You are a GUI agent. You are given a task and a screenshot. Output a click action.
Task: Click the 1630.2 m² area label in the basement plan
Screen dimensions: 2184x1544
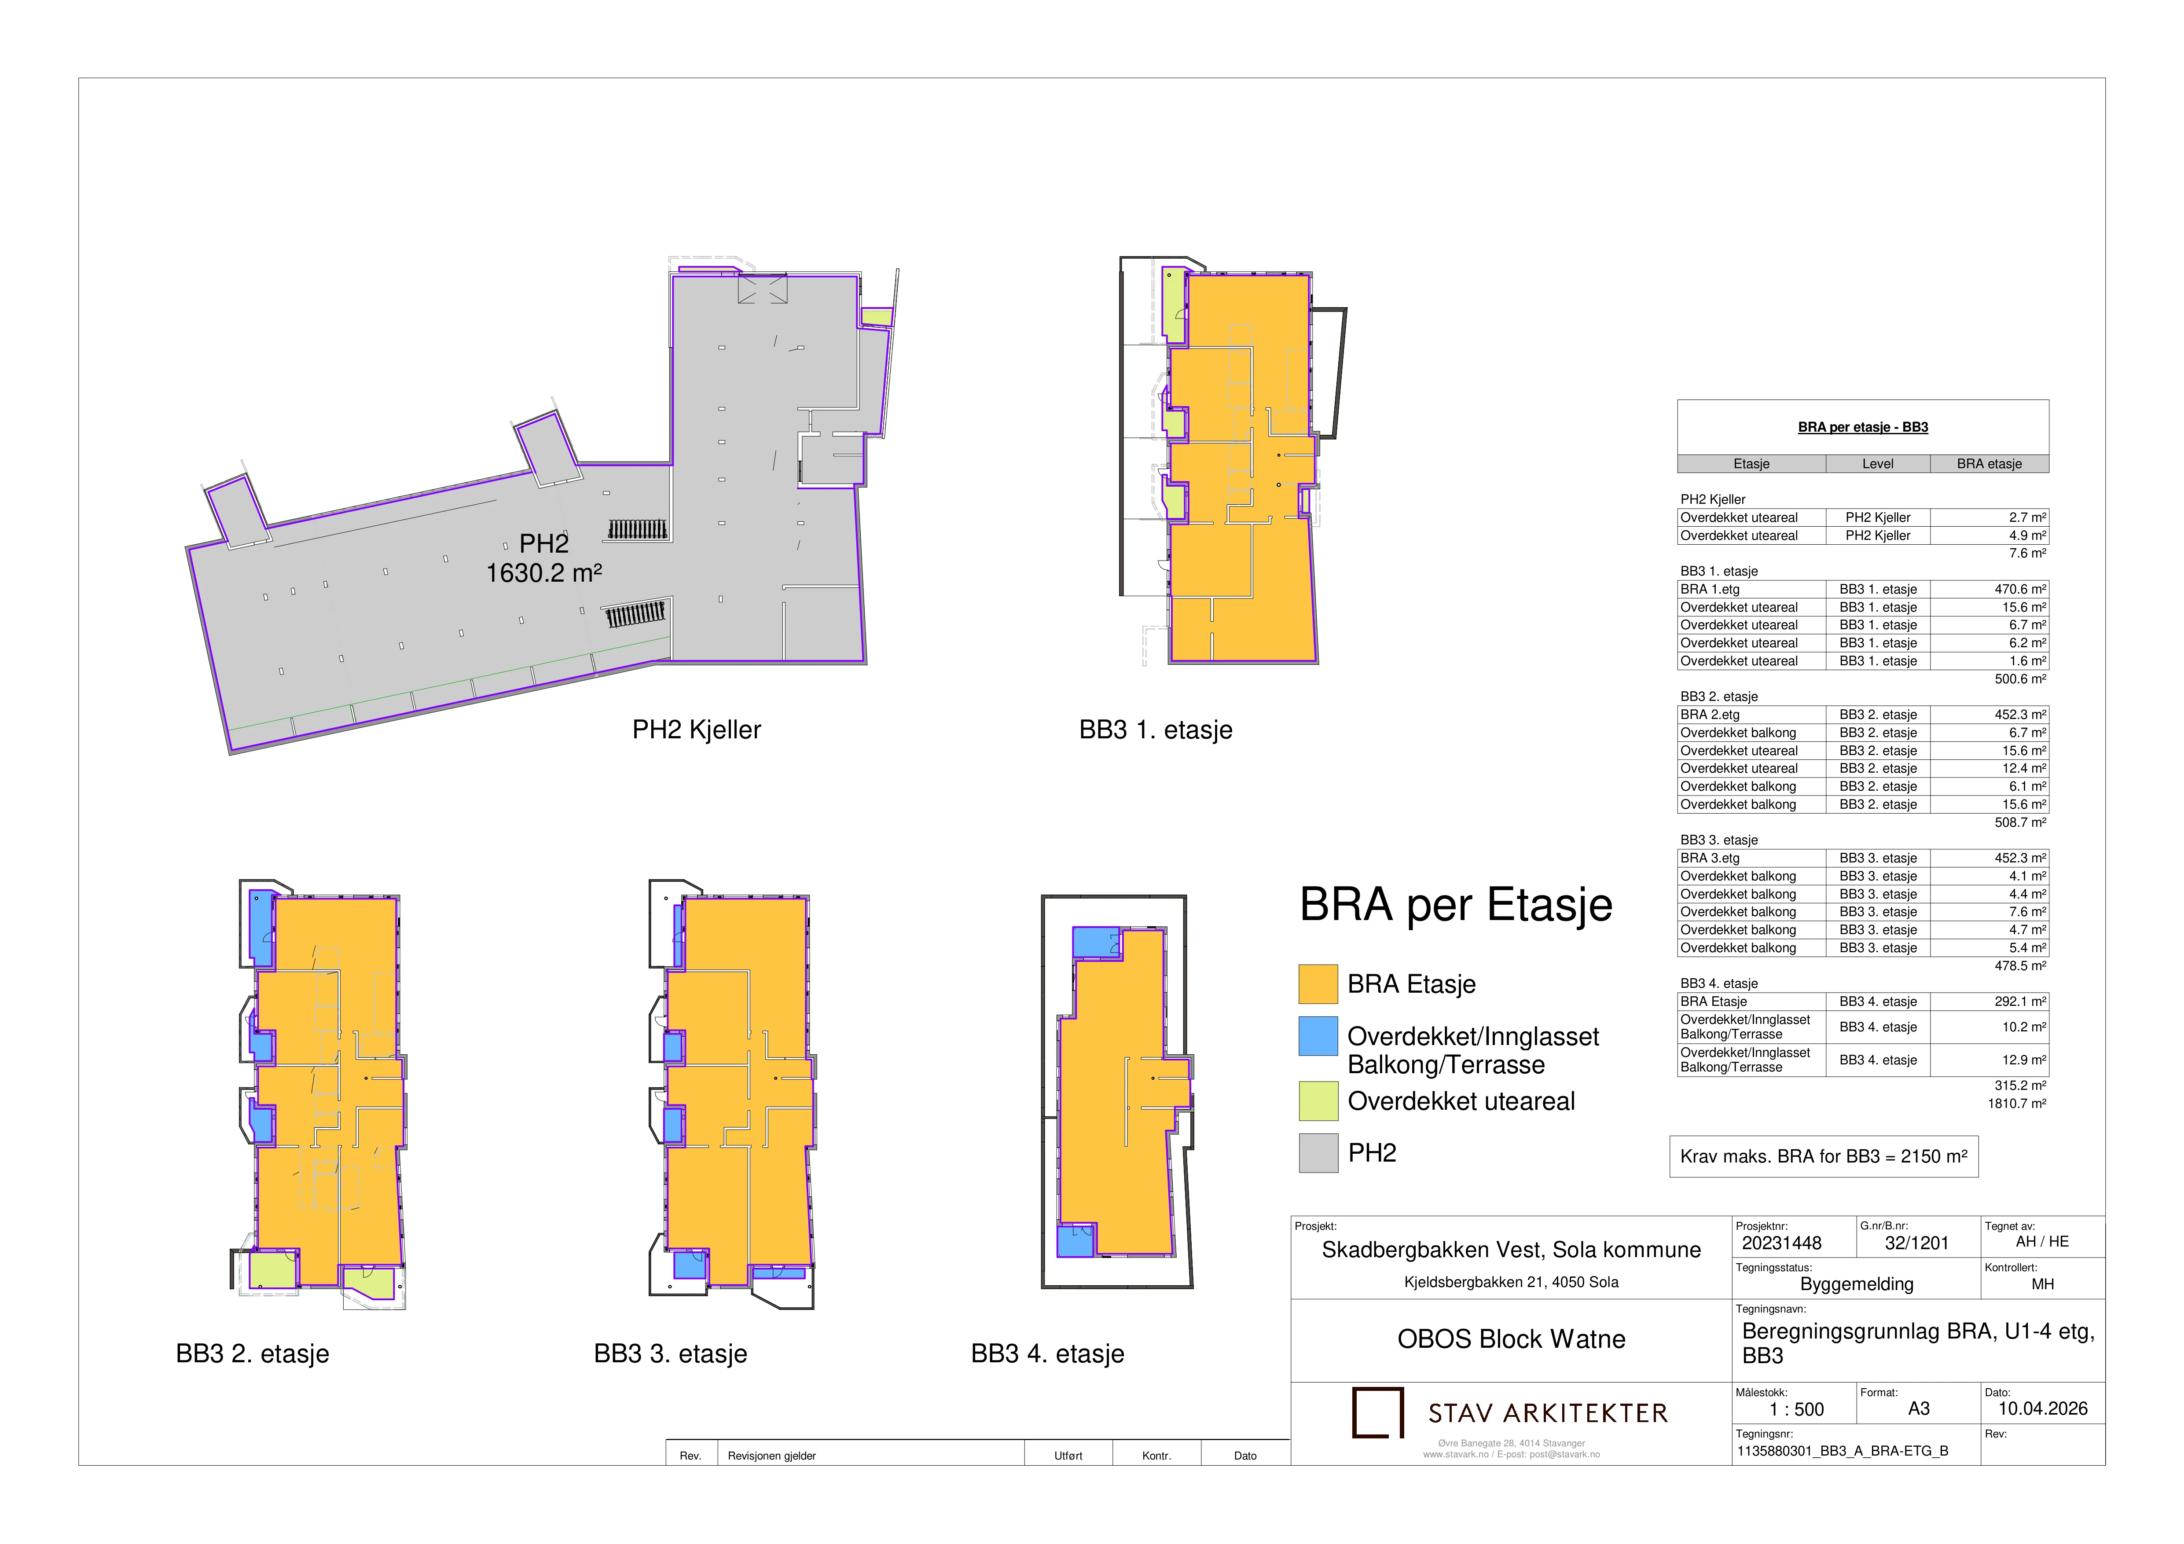pyautogui.click(x=544, y=573)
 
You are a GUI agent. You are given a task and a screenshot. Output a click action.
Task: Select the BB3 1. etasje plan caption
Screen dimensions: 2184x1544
pyautogui.click(x=1156, y=730)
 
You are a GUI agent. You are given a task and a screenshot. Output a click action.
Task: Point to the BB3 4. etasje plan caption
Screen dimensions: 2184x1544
pyautogui.click(x=1047, y=1354)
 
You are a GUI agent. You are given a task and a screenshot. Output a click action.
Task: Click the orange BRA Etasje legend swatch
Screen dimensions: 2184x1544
pyautogui.click(x=1318, y=984)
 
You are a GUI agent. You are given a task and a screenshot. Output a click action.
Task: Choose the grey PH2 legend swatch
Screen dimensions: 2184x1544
pyautogui.click(x=1318, y=1153)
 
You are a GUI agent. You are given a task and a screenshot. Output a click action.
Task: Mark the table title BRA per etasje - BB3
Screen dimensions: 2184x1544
pyautogui.click(x=1862, y=427)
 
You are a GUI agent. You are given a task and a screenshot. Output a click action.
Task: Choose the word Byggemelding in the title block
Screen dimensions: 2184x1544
pyautogui.click(x=1857, y=1284)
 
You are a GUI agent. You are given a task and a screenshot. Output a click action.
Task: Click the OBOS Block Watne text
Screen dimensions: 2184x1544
pyautogui.click(x=1512, y=1339)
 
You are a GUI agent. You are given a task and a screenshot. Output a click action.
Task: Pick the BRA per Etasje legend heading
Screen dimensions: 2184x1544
pyautogui.click(x=1456, y=905)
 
